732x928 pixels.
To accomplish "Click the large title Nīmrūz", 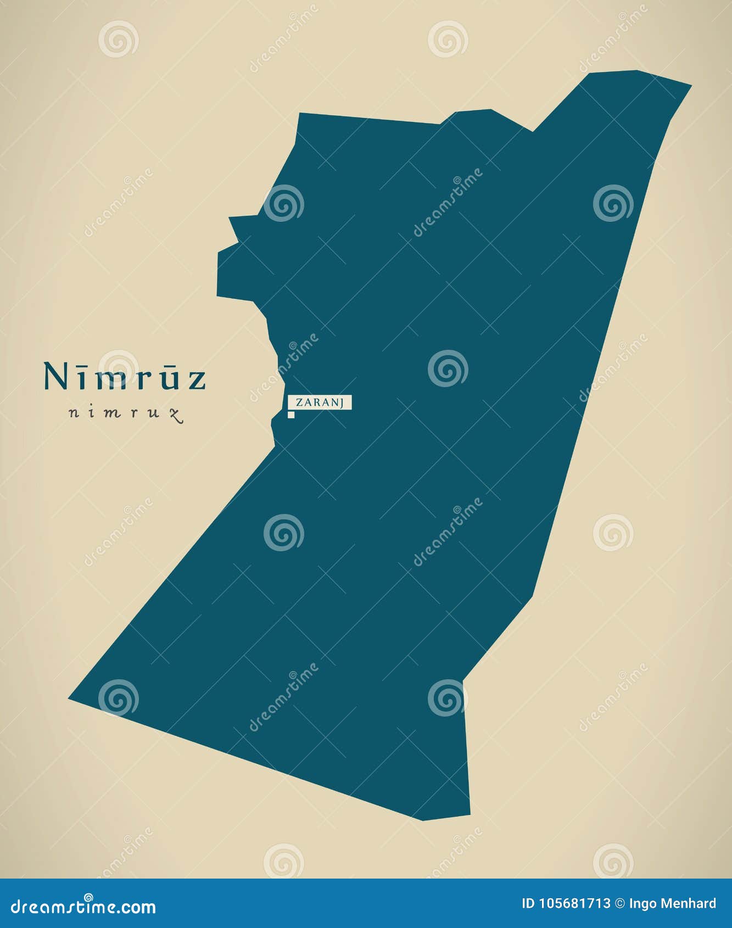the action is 125,377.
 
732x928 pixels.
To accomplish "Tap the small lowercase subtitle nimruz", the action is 125,413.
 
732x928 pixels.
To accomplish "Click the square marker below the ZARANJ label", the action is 291,415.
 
